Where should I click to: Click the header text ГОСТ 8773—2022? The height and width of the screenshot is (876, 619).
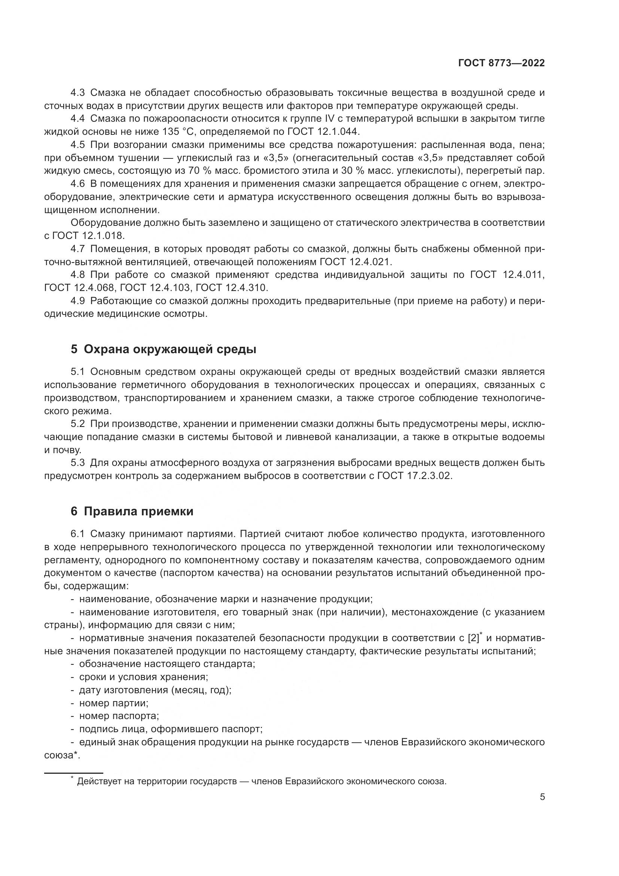coord(501,63)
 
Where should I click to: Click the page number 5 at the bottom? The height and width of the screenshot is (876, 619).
coord(542,797)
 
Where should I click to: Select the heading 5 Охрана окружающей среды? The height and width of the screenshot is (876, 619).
coord(164,349)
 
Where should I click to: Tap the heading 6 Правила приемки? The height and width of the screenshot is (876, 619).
coord(132,511)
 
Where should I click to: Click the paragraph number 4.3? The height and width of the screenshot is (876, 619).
coord(78,93)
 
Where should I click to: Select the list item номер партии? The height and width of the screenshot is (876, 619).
coord(114,703)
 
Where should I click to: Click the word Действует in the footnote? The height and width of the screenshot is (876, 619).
coord(98,781)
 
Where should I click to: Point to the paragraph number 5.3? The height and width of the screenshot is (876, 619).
coord(78,463)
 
